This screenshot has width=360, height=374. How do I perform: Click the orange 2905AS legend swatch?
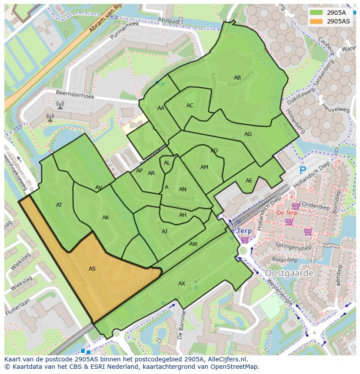tap(316, 21)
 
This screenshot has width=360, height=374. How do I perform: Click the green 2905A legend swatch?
tap(316, 13)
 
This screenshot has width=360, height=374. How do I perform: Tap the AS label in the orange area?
tap(92, 269)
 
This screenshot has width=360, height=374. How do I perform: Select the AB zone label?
tap(237, 78)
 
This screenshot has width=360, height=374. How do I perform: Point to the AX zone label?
tap(182, 284)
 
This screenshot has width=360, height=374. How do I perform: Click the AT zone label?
tap(59, 205)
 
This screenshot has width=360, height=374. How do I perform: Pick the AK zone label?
tap(106, 218)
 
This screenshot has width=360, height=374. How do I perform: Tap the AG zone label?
tap(248, 134)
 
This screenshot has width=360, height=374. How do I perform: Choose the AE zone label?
tap(249, 181)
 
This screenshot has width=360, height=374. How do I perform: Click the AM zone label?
tap(204, 167)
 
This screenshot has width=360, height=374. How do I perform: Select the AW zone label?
tap(193, 244)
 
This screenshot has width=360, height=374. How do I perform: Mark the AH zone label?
tap(183, 215)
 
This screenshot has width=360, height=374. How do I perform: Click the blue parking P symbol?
tap(303, 171)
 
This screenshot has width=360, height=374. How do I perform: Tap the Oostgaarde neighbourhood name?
tap(289, 273)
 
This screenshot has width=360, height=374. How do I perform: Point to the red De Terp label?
tap(287, 213)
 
